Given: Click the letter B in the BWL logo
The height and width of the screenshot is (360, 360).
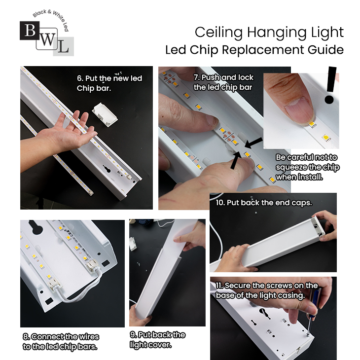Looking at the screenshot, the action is pos(30,30).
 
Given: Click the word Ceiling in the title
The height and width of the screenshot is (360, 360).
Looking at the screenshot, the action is pos(218,33).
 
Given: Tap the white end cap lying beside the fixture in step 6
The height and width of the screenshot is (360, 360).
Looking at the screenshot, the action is pos(105,114).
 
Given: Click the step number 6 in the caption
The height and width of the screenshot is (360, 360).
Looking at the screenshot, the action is pos(79,78).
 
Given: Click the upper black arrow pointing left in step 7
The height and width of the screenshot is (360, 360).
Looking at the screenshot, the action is pos(253,143).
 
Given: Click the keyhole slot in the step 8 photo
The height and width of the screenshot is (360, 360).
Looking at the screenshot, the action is pos(36,227).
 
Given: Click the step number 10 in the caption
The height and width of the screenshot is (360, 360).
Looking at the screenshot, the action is pos(220,203).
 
